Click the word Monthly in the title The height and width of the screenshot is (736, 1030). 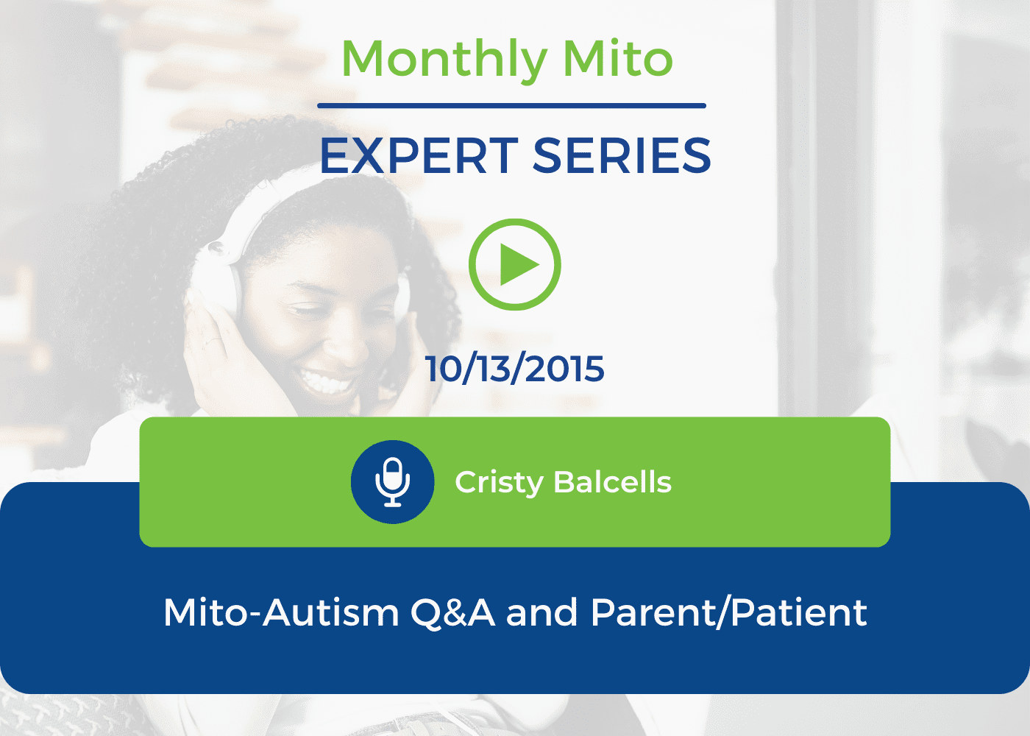tap(444, 60)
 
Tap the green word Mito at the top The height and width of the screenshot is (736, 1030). tap(618, 58)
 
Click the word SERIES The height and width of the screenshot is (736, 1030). tap(622, 156)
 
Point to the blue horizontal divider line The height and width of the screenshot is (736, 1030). tap(511, 106)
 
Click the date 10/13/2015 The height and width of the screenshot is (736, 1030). tap(515, 369)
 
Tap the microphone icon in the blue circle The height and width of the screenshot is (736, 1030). tap(392, 482)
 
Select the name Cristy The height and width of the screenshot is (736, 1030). tap(500, 483)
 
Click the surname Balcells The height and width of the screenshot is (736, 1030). tap(612, 482)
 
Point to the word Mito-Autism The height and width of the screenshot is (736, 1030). tap(281, 612)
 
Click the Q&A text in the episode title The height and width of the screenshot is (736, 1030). tap(452, 612)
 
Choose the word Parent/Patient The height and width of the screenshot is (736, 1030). tap(729, 612)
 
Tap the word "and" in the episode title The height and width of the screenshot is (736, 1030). tap(541, 612)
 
